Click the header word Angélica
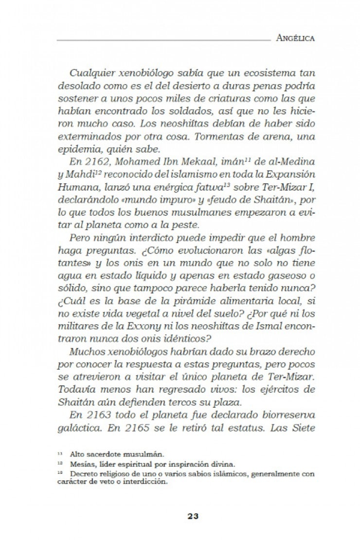(x=293, y=37)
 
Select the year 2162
(x=99, y=163)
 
